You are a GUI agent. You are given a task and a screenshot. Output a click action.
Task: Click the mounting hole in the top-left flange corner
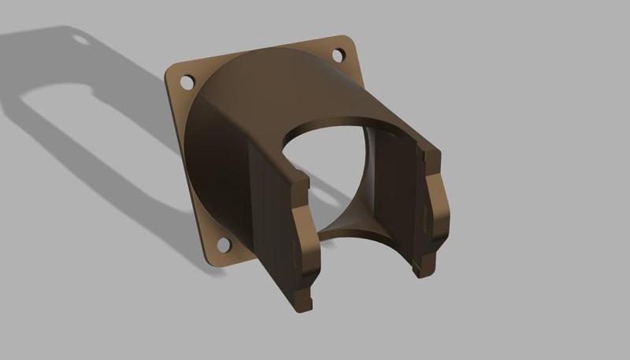[x=187, y=81]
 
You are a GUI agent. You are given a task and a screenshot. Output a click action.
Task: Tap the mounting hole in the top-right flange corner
[x=338, y=55]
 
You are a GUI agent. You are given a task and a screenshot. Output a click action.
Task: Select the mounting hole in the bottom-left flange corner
[x=223, y=245]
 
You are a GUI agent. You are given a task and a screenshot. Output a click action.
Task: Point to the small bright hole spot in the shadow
[x=80, y=37]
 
